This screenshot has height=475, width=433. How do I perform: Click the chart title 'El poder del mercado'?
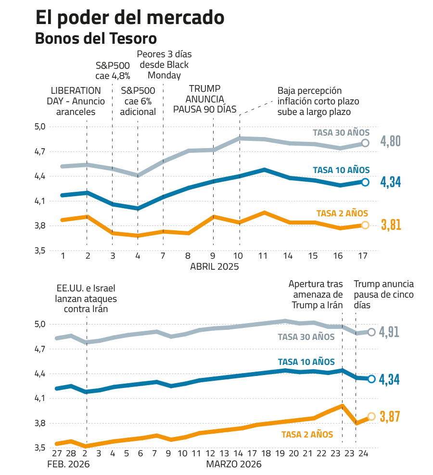pyautogui.click(x=130, y=18)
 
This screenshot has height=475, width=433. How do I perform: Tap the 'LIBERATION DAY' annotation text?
pyautogui.click(x=74, y=101)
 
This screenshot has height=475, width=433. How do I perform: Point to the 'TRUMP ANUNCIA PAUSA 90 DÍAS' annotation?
pyautogui.click(x=205, y=99)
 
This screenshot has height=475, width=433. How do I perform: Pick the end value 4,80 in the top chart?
pyautogui.click(x=391, y=142)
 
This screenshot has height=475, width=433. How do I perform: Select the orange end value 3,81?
pyautogui.click(x=391, y=225)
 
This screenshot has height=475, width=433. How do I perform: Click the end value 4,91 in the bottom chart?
pyautogui.click(x=390, y=332)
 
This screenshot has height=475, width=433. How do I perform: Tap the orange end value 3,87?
pyautogui.click(x=390, y=417)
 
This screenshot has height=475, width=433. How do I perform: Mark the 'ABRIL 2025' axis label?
pyautogui.click(x=214, y=266)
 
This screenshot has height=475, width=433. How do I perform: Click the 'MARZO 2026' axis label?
pyautogui.click(x=234, y=464)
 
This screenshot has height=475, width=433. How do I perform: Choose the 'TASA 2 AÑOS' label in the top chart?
pyautogui.click(x=342, y=213)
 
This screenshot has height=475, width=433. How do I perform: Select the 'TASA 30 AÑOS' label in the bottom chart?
pyautogui.click(x=306, y=337)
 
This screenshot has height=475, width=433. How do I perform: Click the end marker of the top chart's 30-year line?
pyautogui.click(x=365, y=143)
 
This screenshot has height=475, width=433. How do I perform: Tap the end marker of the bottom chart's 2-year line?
pyautogui.click(x=371, y=416)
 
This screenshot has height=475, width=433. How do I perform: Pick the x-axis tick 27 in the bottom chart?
pyautogui.click(x=57, y=454)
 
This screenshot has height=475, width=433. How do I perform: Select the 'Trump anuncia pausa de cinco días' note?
pyautogui.click(x=383, y=294)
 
